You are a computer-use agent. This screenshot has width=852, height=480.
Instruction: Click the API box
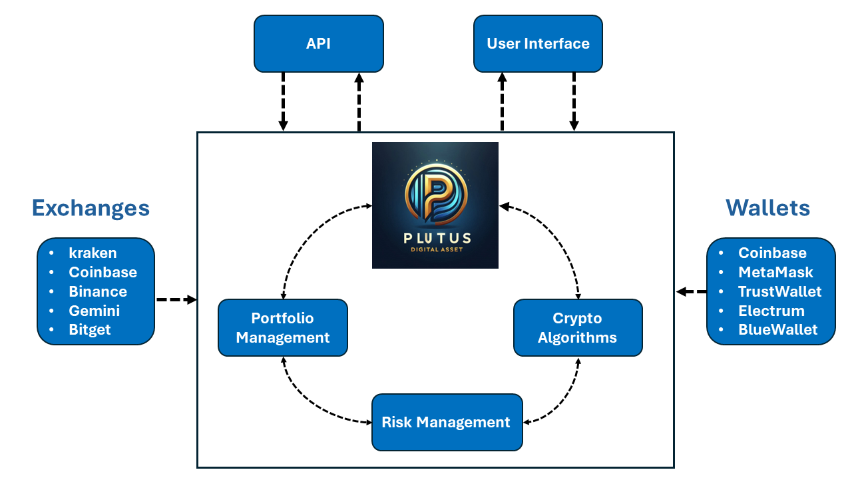coord(318,44)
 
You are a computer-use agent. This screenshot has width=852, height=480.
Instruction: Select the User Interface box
coord(538,44)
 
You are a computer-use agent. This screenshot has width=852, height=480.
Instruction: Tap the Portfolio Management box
coord(283,327)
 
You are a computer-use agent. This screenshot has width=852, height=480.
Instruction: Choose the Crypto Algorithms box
coord(578,327)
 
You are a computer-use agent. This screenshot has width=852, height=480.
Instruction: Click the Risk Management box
coord(447,422)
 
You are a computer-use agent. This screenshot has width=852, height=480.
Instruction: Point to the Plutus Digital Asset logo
coord(435,205)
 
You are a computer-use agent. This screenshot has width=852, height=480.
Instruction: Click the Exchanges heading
coord(91,208)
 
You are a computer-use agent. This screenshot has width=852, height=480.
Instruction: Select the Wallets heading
coord(767,208)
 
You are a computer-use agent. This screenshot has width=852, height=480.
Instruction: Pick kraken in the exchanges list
coord(93,253)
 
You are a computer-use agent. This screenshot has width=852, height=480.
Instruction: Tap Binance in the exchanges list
coord(97,291)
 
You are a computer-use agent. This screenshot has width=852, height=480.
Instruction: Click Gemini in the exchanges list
coord(95,311)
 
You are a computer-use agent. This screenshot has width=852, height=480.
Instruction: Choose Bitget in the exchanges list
coord(90,330)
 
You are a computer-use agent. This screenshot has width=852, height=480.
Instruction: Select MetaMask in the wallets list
coord(775,272)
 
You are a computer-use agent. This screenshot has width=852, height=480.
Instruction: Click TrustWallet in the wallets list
coord(779,291)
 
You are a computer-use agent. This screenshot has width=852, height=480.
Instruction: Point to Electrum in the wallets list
coord(771,311)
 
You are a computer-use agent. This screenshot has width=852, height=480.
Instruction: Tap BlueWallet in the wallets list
coord(777,330)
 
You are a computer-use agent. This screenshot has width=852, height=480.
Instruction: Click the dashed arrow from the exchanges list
coord(176,300)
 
